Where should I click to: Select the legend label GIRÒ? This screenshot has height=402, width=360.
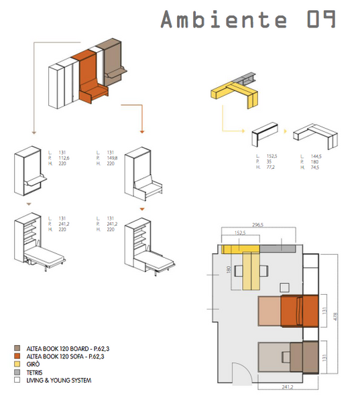pos(32,364)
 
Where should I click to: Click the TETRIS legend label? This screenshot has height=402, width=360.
pos(35,373)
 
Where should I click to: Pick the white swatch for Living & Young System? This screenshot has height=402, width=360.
pos(16,381)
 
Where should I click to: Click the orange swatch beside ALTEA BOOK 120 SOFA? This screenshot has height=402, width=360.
pos(16,356)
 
